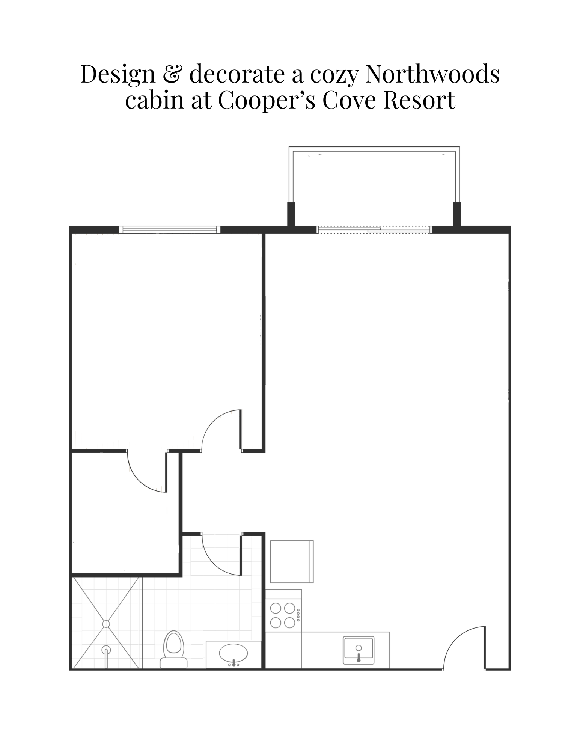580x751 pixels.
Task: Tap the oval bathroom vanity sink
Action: pyautogui.click(x=234, y=653)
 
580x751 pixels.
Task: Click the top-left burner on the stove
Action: pyautogui.click(x=276, y=608)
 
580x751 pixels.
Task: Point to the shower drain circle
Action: pyautogui.click(x=106, y=624)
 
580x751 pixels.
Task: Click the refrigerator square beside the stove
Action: pyautogui.click(x=292, y=561)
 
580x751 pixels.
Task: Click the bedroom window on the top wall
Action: pyautogui.click(x=170, y=230)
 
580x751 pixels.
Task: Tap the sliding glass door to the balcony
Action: pyautogui.click(x=374, y=229)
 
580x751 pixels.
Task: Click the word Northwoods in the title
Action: pyautogui.click(x=432, y=74)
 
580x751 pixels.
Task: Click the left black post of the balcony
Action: pyautogui.click(x=291, y=214)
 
